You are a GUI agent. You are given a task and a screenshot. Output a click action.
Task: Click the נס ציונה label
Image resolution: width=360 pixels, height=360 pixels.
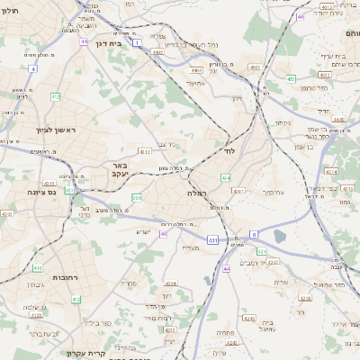(41, 191)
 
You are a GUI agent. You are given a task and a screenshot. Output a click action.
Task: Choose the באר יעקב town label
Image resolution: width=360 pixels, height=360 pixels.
(120, 169)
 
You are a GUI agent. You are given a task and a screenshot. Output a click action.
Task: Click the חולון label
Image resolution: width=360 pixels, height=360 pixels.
(10, 11)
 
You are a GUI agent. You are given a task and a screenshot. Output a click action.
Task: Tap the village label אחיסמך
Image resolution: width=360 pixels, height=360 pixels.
(274, 192)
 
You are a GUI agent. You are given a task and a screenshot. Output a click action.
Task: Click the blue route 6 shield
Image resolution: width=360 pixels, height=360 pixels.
(255, 234)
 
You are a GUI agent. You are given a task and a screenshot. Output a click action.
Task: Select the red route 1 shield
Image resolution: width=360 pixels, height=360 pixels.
(137, 42)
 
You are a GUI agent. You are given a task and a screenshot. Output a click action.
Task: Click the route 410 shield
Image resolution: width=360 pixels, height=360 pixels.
(37, 268)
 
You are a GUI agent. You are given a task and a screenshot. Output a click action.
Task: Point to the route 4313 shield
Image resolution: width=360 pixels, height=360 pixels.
(144, 151)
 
